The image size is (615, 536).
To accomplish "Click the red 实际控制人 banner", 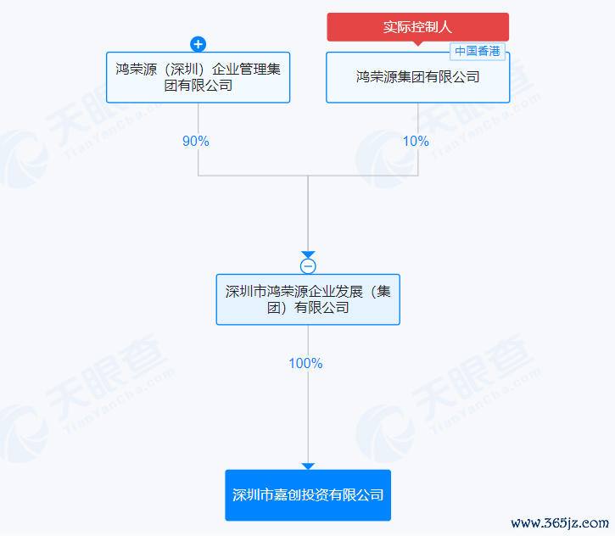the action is tap(417, 26).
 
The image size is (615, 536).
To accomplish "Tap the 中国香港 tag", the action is tap(478, 51).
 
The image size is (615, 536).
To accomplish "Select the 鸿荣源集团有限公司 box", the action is tap(417, 77).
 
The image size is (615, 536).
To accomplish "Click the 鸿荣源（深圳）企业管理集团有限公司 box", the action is tap(198, 77).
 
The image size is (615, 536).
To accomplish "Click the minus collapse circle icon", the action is tap(308, 266).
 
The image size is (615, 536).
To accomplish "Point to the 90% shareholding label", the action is tap(196, 141).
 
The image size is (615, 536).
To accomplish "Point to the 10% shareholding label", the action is tap(416, 141).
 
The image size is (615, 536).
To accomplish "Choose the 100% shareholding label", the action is tap(305, 364).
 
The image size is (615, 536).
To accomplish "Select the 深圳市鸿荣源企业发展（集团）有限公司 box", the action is tap(308, 299).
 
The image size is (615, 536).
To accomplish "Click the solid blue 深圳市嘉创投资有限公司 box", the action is tap(308, 495).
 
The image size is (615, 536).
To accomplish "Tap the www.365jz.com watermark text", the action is tap(560, 523).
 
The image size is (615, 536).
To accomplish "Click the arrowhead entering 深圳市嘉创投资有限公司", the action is tap(308, 466).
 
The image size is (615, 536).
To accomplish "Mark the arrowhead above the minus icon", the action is tap(308, 254).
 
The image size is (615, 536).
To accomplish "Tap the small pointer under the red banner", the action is tap(417, 43).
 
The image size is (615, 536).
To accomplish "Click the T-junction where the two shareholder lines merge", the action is tap(308, 176).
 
